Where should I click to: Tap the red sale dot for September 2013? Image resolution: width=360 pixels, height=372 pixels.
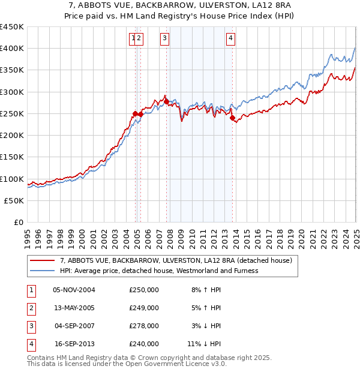[x=232, y=118]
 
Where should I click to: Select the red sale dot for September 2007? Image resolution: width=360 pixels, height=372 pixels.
[x=166, y=101]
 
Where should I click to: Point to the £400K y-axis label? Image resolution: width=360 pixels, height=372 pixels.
[x=12, y=49]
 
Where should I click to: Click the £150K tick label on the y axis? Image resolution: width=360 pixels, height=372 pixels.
[x=12, y=157]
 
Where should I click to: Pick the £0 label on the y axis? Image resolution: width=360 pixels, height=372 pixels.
[x=19, y=222]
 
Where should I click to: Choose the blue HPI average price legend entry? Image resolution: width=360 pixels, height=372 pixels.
[x=159, y=271]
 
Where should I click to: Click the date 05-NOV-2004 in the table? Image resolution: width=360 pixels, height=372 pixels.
[x=74, y=290]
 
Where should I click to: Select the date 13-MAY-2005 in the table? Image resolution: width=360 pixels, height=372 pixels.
[x=74, y=308]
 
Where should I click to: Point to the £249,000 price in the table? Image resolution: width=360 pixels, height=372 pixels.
[x=144, y=308]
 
